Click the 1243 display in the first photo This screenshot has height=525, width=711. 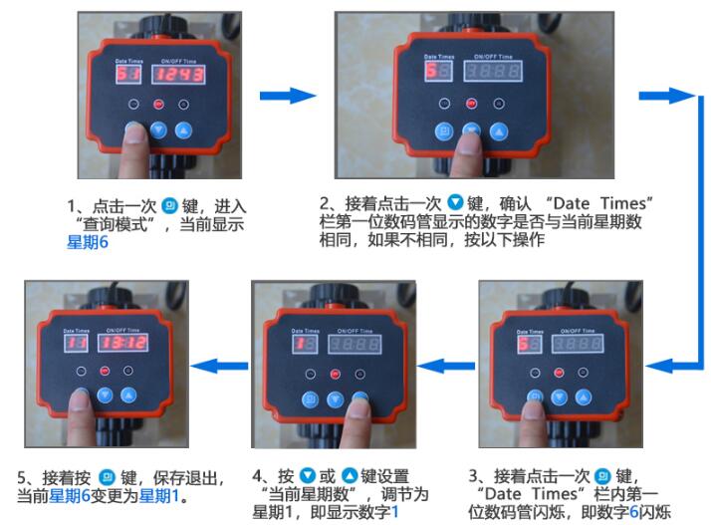pyautogui.click(x=178, y=74)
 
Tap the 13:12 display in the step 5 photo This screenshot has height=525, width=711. pyautogui.click(x=122, y=343)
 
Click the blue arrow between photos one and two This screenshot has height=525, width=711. pyautogui.click(x=288, y=96)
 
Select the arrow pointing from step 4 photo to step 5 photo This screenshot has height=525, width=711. pyautogui.click(x=219, y=366)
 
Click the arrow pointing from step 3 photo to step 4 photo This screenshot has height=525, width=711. pyautogui.click(x=446, y=366)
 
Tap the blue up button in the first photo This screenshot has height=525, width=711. pyautogui.click(x=183, y=131)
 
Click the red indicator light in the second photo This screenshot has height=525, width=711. pyautogui.click(x=471, y=104)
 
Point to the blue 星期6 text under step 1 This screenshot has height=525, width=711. pyautogui.click(x=88, y=242)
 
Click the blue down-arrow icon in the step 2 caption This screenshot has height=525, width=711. pyautogui.click(x=455, y=202)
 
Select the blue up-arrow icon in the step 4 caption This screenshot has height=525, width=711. pyautogui.click(x=350, y=475)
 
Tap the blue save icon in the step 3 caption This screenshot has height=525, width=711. pyautogui.click(x=602, y=475)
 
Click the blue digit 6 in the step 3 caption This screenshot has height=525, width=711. pyautogui.click(x=634, y=512)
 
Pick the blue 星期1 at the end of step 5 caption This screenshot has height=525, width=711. pyautogui.click(x=158, y=495)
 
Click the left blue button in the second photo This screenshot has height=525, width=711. pyautogui.click(x=444, y=131)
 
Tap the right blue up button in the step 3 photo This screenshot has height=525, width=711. pyautogui.click(x=584, y=397)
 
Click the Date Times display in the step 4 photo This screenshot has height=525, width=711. pyautogui.click(x=305, y=345)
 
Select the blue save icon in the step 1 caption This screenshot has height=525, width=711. pyautogui.click(x=170, y=205)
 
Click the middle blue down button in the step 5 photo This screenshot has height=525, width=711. pyautogui.click(x=106, y=394)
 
